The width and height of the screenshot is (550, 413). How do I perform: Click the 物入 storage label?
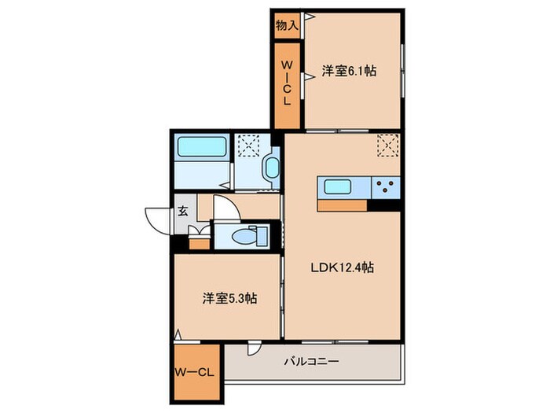(286, 26)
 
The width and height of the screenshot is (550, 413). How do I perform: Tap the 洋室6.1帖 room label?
(349, 71)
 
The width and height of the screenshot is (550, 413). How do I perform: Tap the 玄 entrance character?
(181, 210)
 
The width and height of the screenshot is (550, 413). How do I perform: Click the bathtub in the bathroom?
(202, 146)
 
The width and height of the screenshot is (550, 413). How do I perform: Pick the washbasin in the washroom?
(272, 168)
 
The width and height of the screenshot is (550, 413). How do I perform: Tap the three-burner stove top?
(386, 188)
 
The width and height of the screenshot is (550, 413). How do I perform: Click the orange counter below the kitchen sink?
(343, 205)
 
